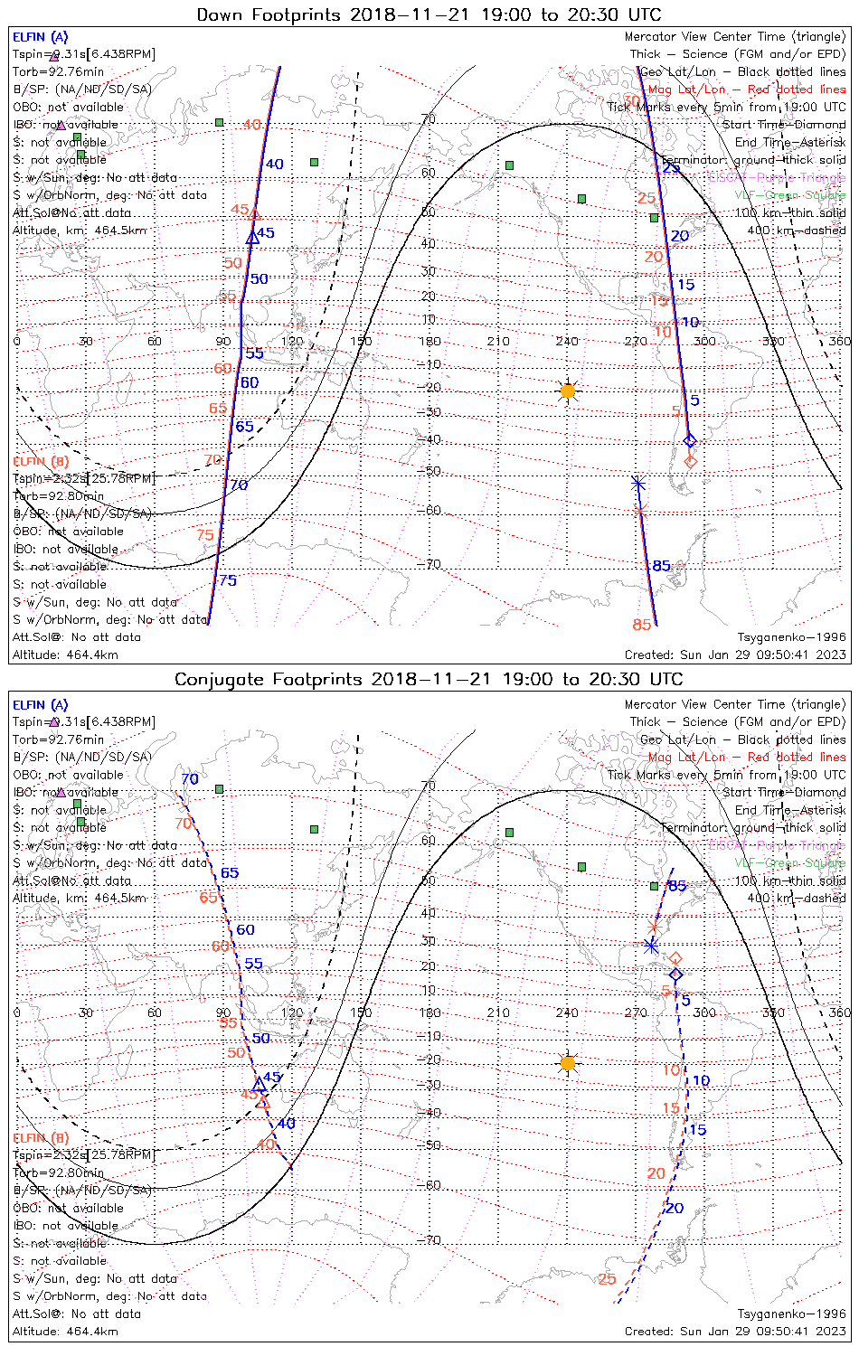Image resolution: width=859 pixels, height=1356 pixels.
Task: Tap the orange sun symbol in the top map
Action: pyautogui.click(x=567, y=391)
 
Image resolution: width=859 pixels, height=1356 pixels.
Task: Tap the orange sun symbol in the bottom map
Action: pyautogui.click(x=567, y=1062)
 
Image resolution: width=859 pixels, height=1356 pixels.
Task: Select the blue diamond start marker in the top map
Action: pyautogui.click(x=690, y=440)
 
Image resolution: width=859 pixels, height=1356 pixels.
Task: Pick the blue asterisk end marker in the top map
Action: pyautogui.click(x=637, y=484)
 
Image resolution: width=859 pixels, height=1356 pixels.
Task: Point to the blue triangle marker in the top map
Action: pyautogui.click(x=253, y=237)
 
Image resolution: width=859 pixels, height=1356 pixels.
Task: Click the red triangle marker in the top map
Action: pyautogui.click(x=255, y=214)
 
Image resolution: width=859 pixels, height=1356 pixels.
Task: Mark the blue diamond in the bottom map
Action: pyautogui.click(x=675, y=975)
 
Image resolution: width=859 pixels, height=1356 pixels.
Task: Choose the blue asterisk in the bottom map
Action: pyautogui.click(x=651, y=946)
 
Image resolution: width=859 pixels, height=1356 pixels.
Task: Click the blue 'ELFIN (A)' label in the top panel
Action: pyautogui.click(x=40, y=37)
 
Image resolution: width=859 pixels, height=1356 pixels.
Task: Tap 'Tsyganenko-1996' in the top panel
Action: pyautogui.click(x=791, y=637)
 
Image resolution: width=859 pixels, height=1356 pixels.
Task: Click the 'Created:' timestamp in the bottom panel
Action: pyautogui.click(x=734, y=1331)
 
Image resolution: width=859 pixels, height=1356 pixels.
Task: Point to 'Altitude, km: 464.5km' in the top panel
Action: pyautogui.click(x=80, y=231)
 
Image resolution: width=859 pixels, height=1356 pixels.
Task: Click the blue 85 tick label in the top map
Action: pyautogui.click(x=661, y=566)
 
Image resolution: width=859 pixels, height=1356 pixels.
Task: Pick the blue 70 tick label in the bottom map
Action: pyautogui.click(x=189, y=779)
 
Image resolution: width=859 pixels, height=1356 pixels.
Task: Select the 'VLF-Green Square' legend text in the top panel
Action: pyautogui.click(x=789, y=195)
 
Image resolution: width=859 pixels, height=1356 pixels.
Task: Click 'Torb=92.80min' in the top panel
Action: pyautogui.click(x=58, y=496)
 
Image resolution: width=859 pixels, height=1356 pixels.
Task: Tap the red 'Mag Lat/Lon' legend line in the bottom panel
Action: pyautogui.click(x=746, y=757)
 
